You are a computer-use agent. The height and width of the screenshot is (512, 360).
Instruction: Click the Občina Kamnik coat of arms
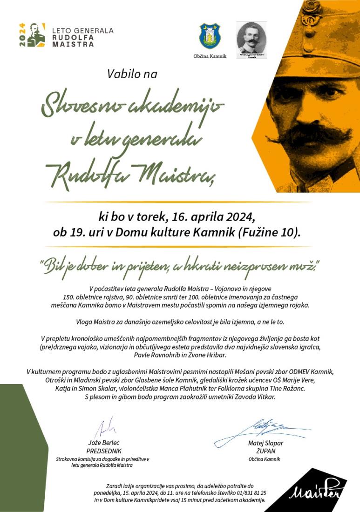[210, 36]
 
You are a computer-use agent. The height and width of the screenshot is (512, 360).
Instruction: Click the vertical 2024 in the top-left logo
[22, 35]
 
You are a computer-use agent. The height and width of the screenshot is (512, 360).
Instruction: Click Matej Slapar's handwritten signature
[261, 428]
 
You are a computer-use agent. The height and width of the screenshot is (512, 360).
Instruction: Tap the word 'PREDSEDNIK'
[104, 451]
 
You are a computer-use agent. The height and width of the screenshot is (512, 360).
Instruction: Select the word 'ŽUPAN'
[265, 451]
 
